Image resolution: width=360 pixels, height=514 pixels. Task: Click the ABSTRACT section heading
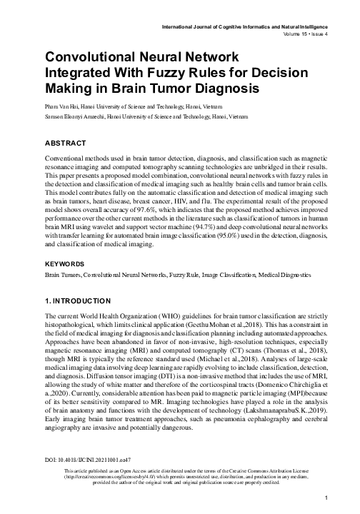67,142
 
